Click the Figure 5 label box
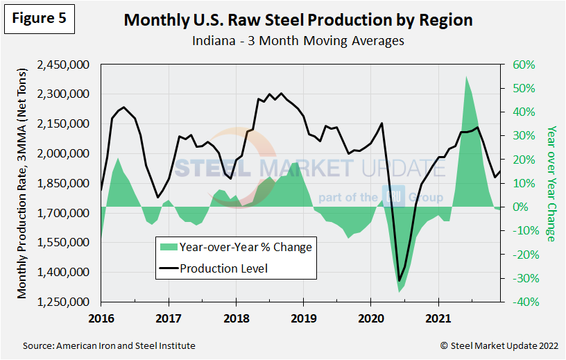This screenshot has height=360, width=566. (39, 19)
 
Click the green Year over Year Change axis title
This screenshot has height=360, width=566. (551, 184)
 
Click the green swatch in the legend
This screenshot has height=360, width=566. (167, 247)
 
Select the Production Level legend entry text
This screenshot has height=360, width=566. (223, 268)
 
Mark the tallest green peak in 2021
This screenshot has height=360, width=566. (466, 76)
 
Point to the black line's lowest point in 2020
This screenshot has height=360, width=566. (399, 281)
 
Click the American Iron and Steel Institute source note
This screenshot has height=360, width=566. (109, 345)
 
